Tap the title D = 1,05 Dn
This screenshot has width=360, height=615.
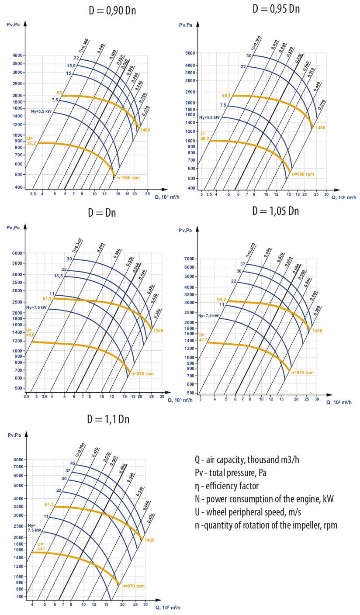pos(275,211)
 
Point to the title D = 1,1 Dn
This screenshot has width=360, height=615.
pos(108,419)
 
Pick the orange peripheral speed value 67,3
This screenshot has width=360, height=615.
pos(49,504)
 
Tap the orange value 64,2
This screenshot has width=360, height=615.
pos(222,300)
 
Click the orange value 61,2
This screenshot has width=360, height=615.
pos(47,298)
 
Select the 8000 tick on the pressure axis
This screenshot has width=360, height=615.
pos(20,460)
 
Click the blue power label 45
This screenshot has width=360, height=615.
pos(73,463)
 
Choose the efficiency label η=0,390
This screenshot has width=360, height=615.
pos(80,450)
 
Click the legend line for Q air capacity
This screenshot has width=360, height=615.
pos(247,460)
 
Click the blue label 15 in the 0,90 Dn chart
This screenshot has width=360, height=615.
pos(69,73)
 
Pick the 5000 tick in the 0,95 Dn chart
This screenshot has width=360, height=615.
pos(191,53)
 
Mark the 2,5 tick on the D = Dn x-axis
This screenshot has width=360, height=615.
pos(26,396)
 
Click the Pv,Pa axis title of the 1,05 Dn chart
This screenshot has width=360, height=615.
pos(186,230)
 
